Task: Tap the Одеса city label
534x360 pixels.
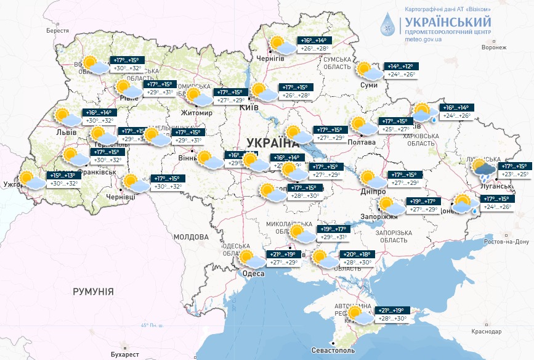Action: (253, 273)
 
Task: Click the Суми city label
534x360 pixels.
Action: (368, 85)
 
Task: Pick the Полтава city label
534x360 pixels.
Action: (362, 142)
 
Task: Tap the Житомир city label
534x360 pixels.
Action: (195, 113)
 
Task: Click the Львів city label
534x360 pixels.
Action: (66, 132)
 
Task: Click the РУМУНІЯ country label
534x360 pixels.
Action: (93, 291)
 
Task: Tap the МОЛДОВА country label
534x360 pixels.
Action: (191, 237)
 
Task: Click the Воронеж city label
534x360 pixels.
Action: (493, 47)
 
